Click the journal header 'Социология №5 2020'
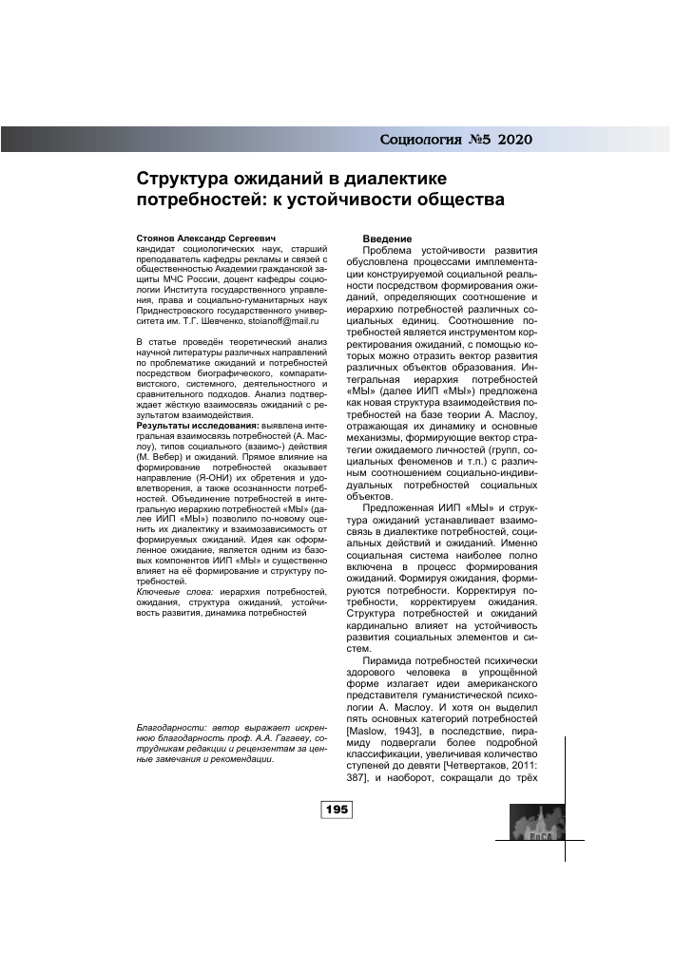pos(455,141)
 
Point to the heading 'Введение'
pos(386,238)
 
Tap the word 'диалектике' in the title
pos(387,179)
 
